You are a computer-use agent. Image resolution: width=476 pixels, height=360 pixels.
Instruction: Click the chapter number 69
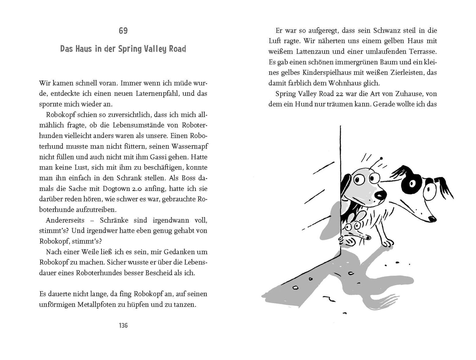[123, 31]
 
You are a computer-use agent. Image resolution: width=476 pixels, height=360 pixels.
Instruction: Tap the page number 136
[123, 325]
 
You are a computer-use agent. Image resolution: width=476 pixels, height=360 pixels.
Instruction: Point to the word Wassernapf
[190, 147]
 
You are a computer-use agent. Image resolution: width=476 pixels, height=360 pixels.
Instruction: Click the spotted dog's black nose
[431, 219]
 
